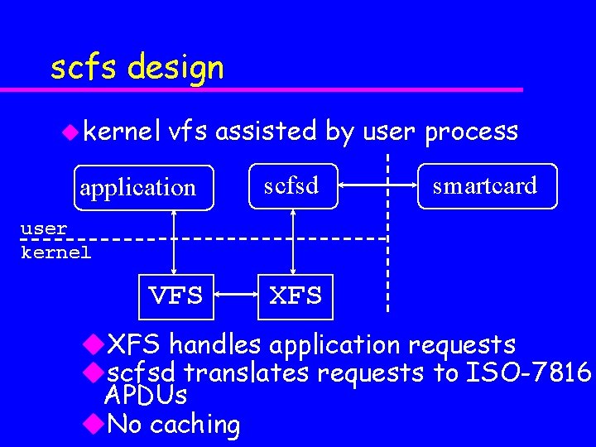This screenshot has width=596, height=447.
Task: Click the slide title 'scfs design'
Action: (137, 66)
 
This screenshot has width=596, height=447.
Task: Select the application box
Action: (138, 187)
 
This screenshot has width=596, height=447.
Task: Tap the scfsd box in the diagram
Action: (291, 185)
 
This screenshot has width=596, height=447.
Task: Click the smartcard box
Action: (485, 185)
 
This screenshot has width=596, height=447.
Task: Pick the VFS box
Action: (175, 296)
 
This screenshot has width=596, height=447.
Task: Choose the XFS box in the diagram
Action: (296, 296)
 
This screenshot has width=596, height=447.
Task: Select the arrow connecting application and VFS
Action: (175, 240)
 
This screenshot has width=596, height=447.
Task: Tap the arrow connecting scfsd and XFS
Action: (291, 240)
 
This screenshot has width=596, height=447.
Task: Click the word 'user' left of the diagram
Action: (44, 227)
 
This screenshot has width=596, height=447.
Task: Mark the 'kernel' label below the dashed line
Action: (56, 252)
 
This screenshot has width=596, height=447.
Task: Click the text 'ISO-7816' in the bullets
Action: (528, 373)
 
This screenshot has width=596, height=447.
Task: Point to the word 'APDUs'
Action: (146, 396)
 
